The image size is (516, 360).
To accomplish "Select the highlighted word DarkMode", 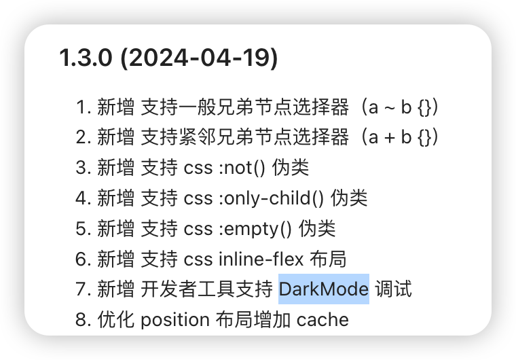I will click(324, 289).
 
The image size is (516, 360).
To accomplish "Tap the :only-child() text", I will click(272, 198).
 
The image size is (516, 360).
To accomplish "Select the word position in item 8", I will click(175, 319).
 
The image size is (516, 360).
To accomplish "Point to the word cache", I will click(322, 319).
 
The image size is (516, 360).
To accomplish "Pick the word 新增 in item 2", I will click(115, 137).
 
